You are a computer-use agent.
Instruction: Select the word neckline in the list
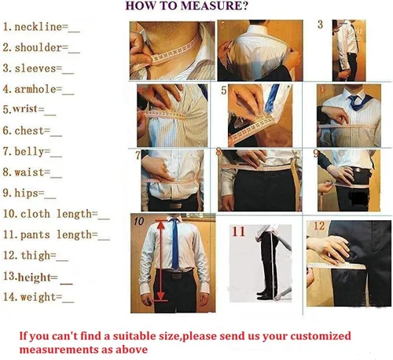coord(38,27)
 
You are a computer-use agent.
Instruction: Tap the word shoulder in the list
coord(39,48)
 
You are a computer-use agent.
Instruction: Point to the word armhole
coord(35,90)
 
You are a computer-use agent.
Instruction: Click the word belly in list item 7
coord(29,152)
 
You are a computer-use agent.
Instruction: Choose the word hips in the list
coord(26,193)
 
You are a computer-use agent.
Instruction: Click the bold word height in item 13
coord(34,277)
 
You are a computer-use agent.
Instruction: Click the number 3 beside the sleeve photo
coord(320,24)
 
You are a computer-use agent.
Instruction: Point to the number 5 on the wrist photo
coord(223,90)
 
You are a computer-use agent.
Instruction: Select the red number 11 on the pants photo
coord(239,232)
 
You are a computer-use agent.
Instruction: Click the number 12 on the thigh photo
coord(319,226)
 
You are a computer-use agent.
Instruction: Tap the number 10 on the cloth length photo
coord(138,222)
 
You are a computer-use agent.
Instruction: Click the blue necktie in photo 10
coord(174,244)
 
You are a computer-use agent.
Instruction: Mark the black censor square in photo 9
coord(357,198)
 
